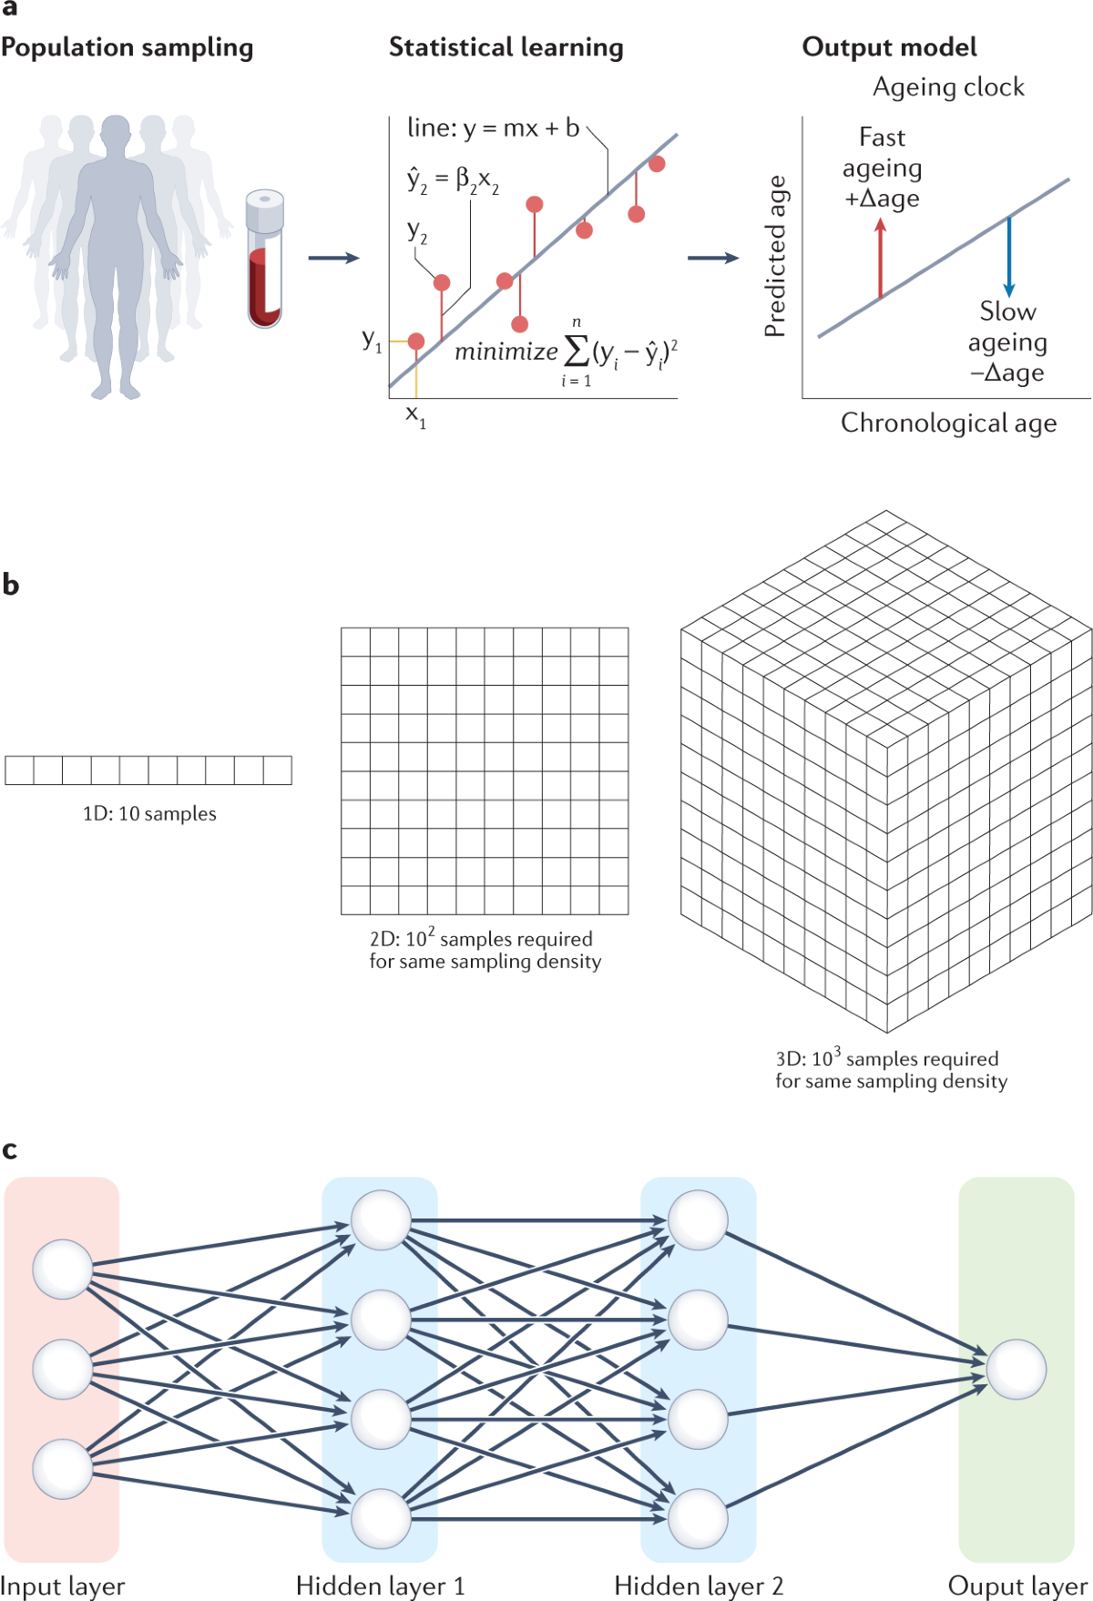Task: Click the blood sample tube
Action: [264, 260]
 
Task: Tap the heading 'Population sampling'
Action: [127, 47]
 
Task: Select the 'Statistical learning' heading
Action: [506, 47]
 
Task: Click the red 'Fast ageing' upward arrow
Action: [880, 260]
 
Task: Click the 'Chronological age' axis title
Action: [948, 423]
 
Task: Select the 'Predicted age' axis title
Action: [775, 257]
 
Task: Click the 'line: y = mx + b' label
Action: [493, 128]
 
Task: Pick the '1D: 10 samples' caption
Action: [149, 813]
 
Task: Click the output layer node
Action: [1016, 1369]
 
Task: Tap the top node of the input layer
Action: [63, 1269]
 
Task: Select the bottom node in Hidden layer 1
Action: [381, 1518]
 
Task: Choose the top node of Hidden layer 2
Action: [698, 1219]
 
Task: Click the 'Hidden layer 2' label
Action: [698, 1586]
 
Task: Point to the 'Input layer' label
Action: [62, 1586]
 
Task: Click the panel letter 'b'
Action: [11, 585]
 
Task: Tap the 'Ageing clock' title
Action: [948, 87]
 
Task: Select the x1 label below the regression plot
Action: [415, 416]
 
